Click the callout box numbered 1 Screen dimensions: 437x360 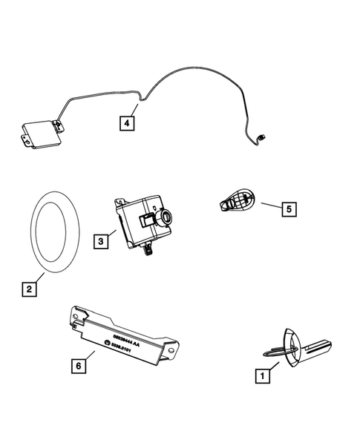pos(261,377)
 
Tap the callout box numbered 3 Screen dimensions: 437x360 pos(99,240)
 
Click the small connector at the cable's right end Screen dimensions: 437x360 pos(262,136)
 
